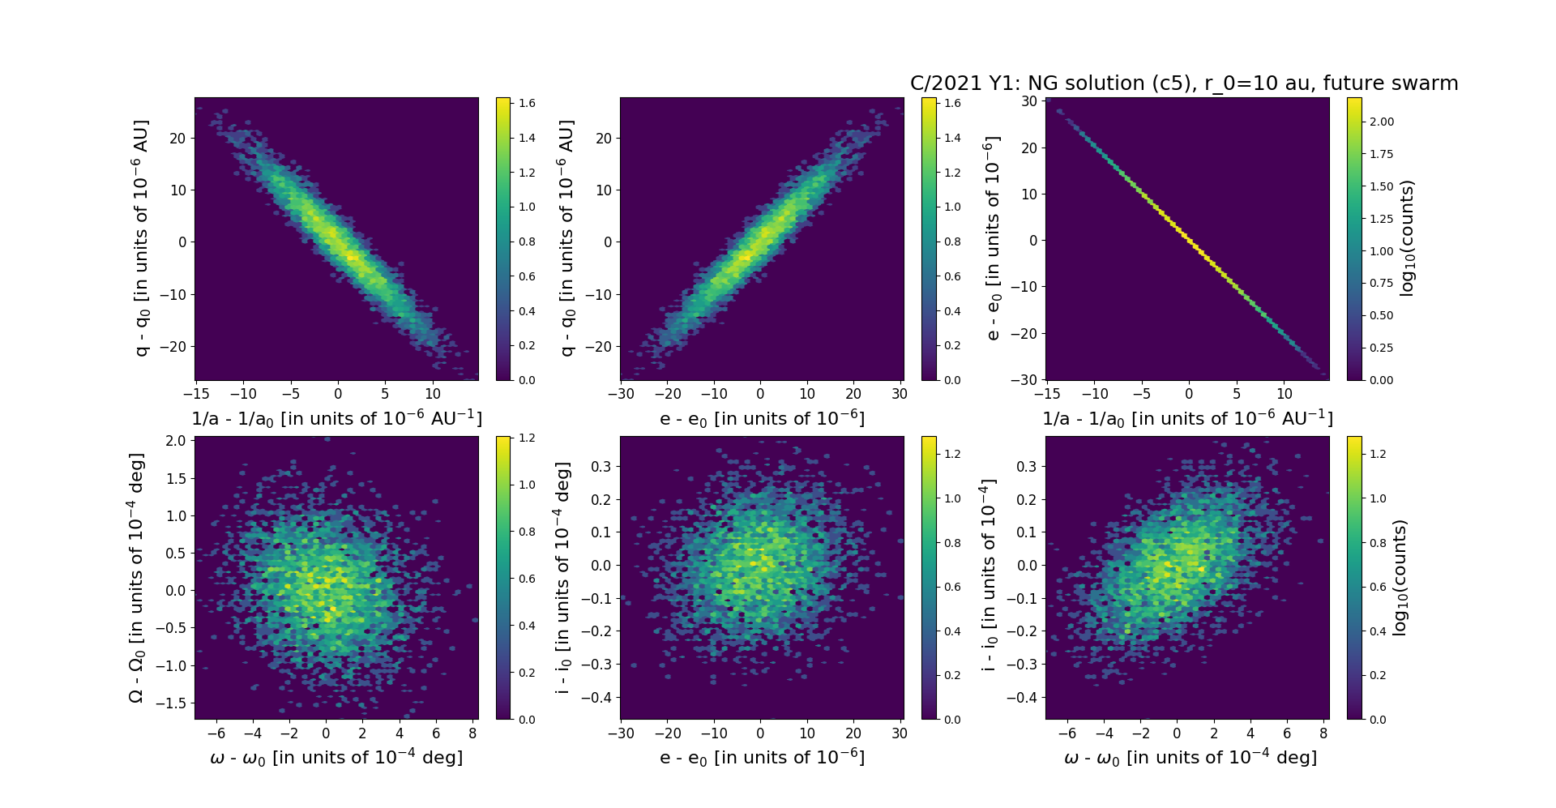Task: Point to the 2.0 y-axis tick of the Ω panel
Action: point(176,441)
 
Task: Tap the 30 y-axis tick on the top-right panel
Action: point(1029,101)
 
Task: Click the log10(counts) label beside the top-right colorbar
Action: point(1407,238)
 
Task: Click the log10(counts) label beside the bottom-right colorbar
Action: point(1400,578)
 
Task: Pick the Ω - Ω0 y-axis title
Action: point(137,578)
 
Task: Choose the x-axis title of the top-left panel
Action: point(336,418)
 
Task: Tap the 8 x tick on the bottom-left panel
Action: point(473,733)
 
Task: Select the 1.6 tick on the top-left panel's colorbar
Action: point(527,103)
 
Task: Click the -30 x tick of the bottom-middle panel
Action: point(621,733)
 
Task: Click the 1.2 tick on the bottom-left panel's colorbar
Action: point(527,438)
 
